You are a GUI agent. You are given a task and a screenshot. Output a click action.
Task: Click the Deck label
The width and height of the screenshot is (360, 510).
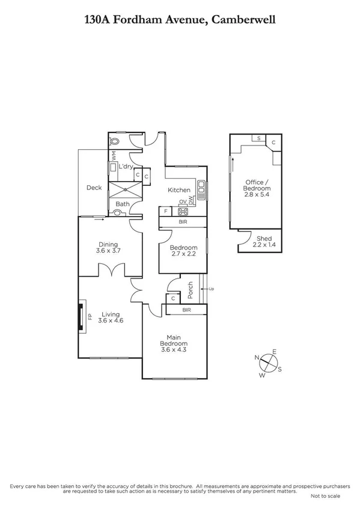(94, 188)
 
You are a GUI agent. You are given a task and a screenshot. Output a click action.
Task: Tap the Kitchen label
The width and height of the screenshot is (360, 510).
(179, 190)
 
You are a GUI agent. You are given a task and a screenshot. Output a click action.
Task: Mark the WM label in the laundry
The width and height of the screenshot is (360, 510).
(112, 155)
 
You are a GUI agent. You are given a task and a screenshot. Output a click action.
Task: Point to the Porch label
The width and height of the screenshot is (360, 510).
(190, 290)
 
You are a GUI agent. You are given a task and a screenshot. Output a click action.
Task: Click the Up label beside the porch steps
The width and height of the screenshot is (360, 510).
(211, 290)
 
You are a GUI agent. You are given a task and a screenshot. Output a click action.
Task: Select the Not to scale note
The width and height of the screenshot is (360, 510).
(325, 496)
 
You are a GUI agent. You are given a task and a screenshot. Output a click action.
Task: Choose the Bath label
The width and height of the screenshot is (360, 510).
(123, 204)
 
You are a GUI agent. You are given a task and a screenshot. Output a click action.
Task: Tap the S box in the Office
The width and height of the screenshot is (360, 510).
(259, 138)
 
